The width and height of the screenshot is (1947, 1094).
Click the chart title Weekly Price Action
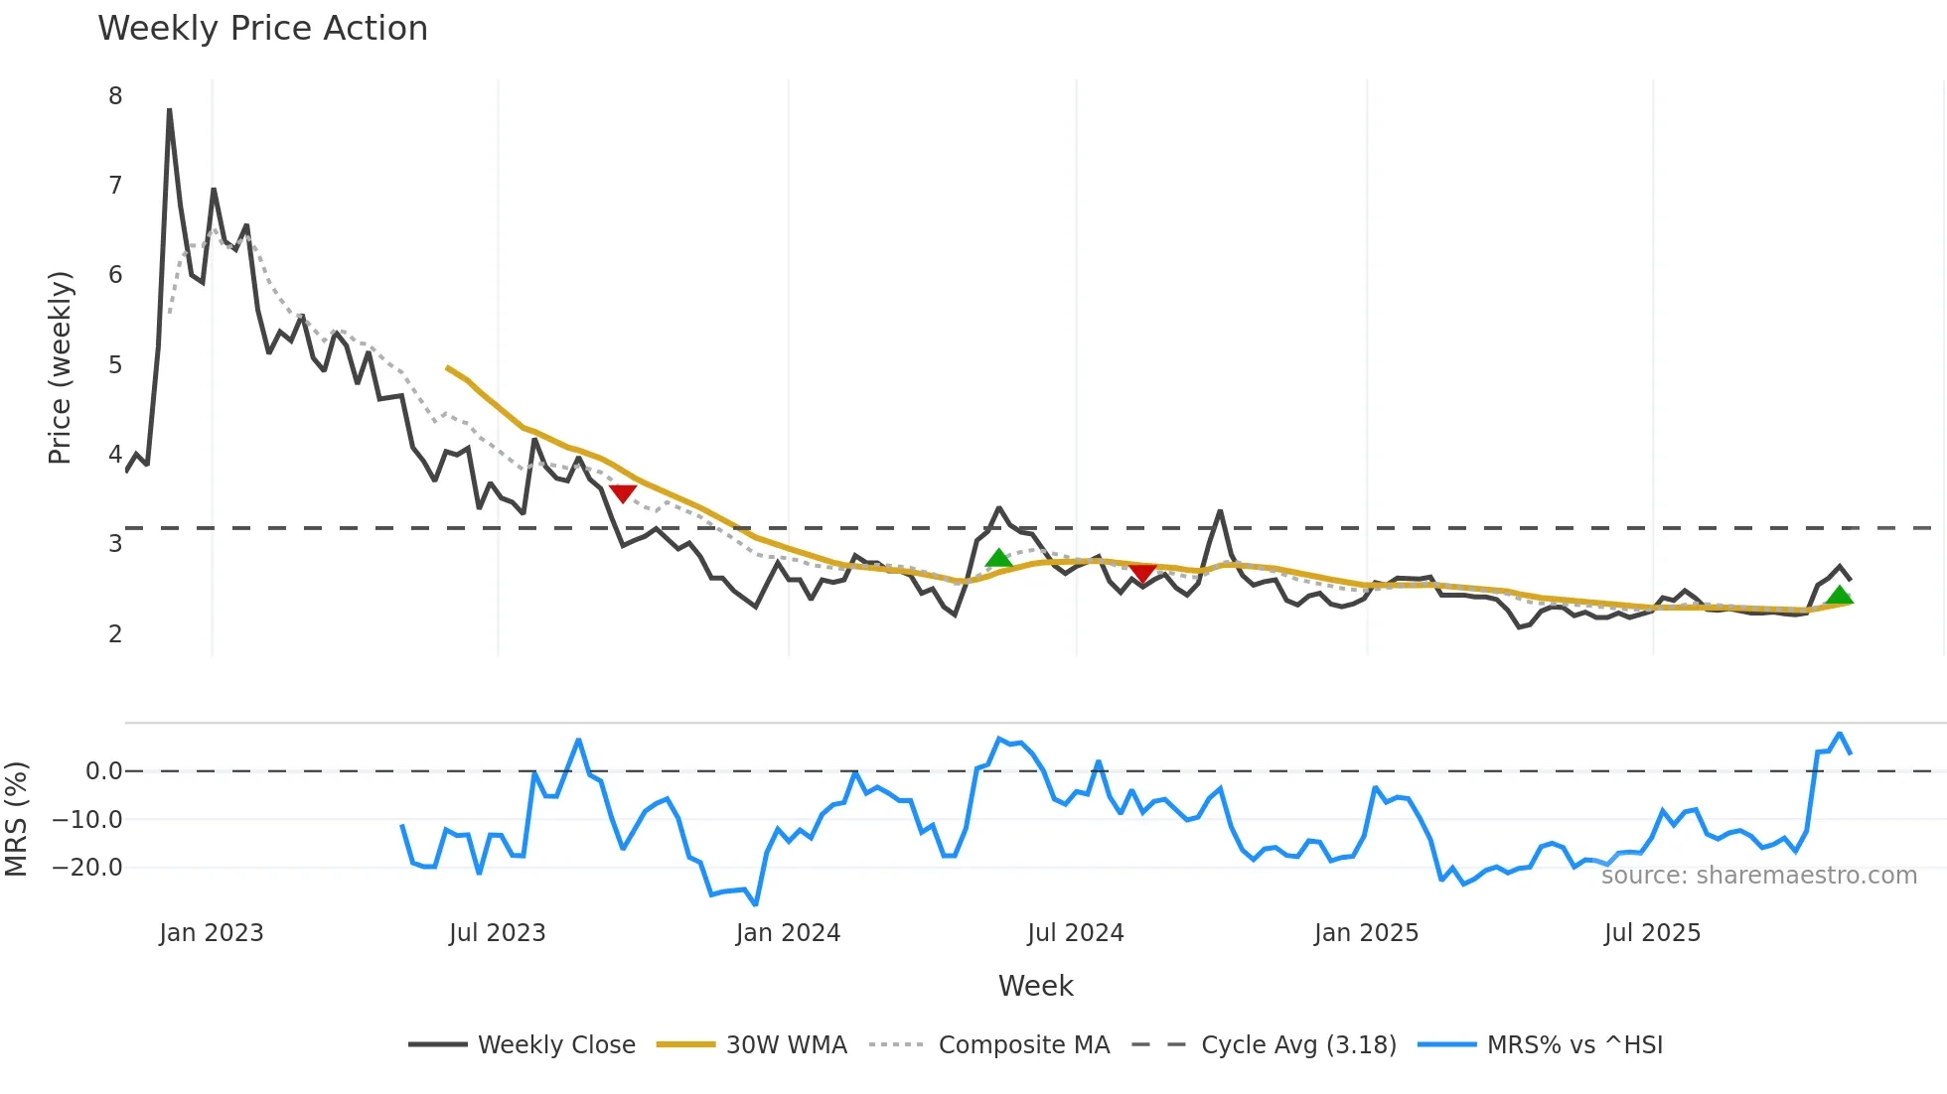[262, 29]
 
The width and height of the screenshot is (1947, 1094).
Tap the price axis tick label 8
[115, 96]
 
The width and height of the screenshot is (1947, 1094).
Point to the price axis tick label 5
[115, 365]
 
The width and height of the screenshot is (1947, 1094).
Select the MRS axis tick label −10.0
[87, 820]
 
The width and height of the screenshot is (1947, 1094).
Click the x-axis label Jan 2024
[788, 933]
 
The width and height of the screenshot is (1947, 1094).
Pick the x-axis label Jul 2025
[1652, 933]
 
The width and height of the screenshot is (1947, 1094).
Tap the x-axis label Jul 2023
[497, 933]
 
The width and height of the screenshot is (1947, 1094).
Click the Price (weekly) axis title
[60, 367]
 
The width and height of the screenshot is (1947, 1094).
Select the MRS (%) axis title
[16, 819]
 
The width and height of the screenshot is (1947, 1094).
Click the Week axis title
[1035, 986]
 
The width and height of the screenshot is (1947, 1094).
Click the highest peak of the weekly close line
[169, 110]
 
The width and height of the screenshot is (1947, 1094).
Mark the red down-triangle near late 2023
[623, 493]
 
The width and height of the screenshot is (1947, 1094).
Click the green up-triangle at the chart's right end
[1840, 595]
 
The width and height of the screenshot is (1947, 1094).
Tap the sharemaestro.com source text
[1758, 876]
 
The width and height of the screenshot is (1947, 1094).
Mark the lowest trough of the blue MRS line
[756, 904]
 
